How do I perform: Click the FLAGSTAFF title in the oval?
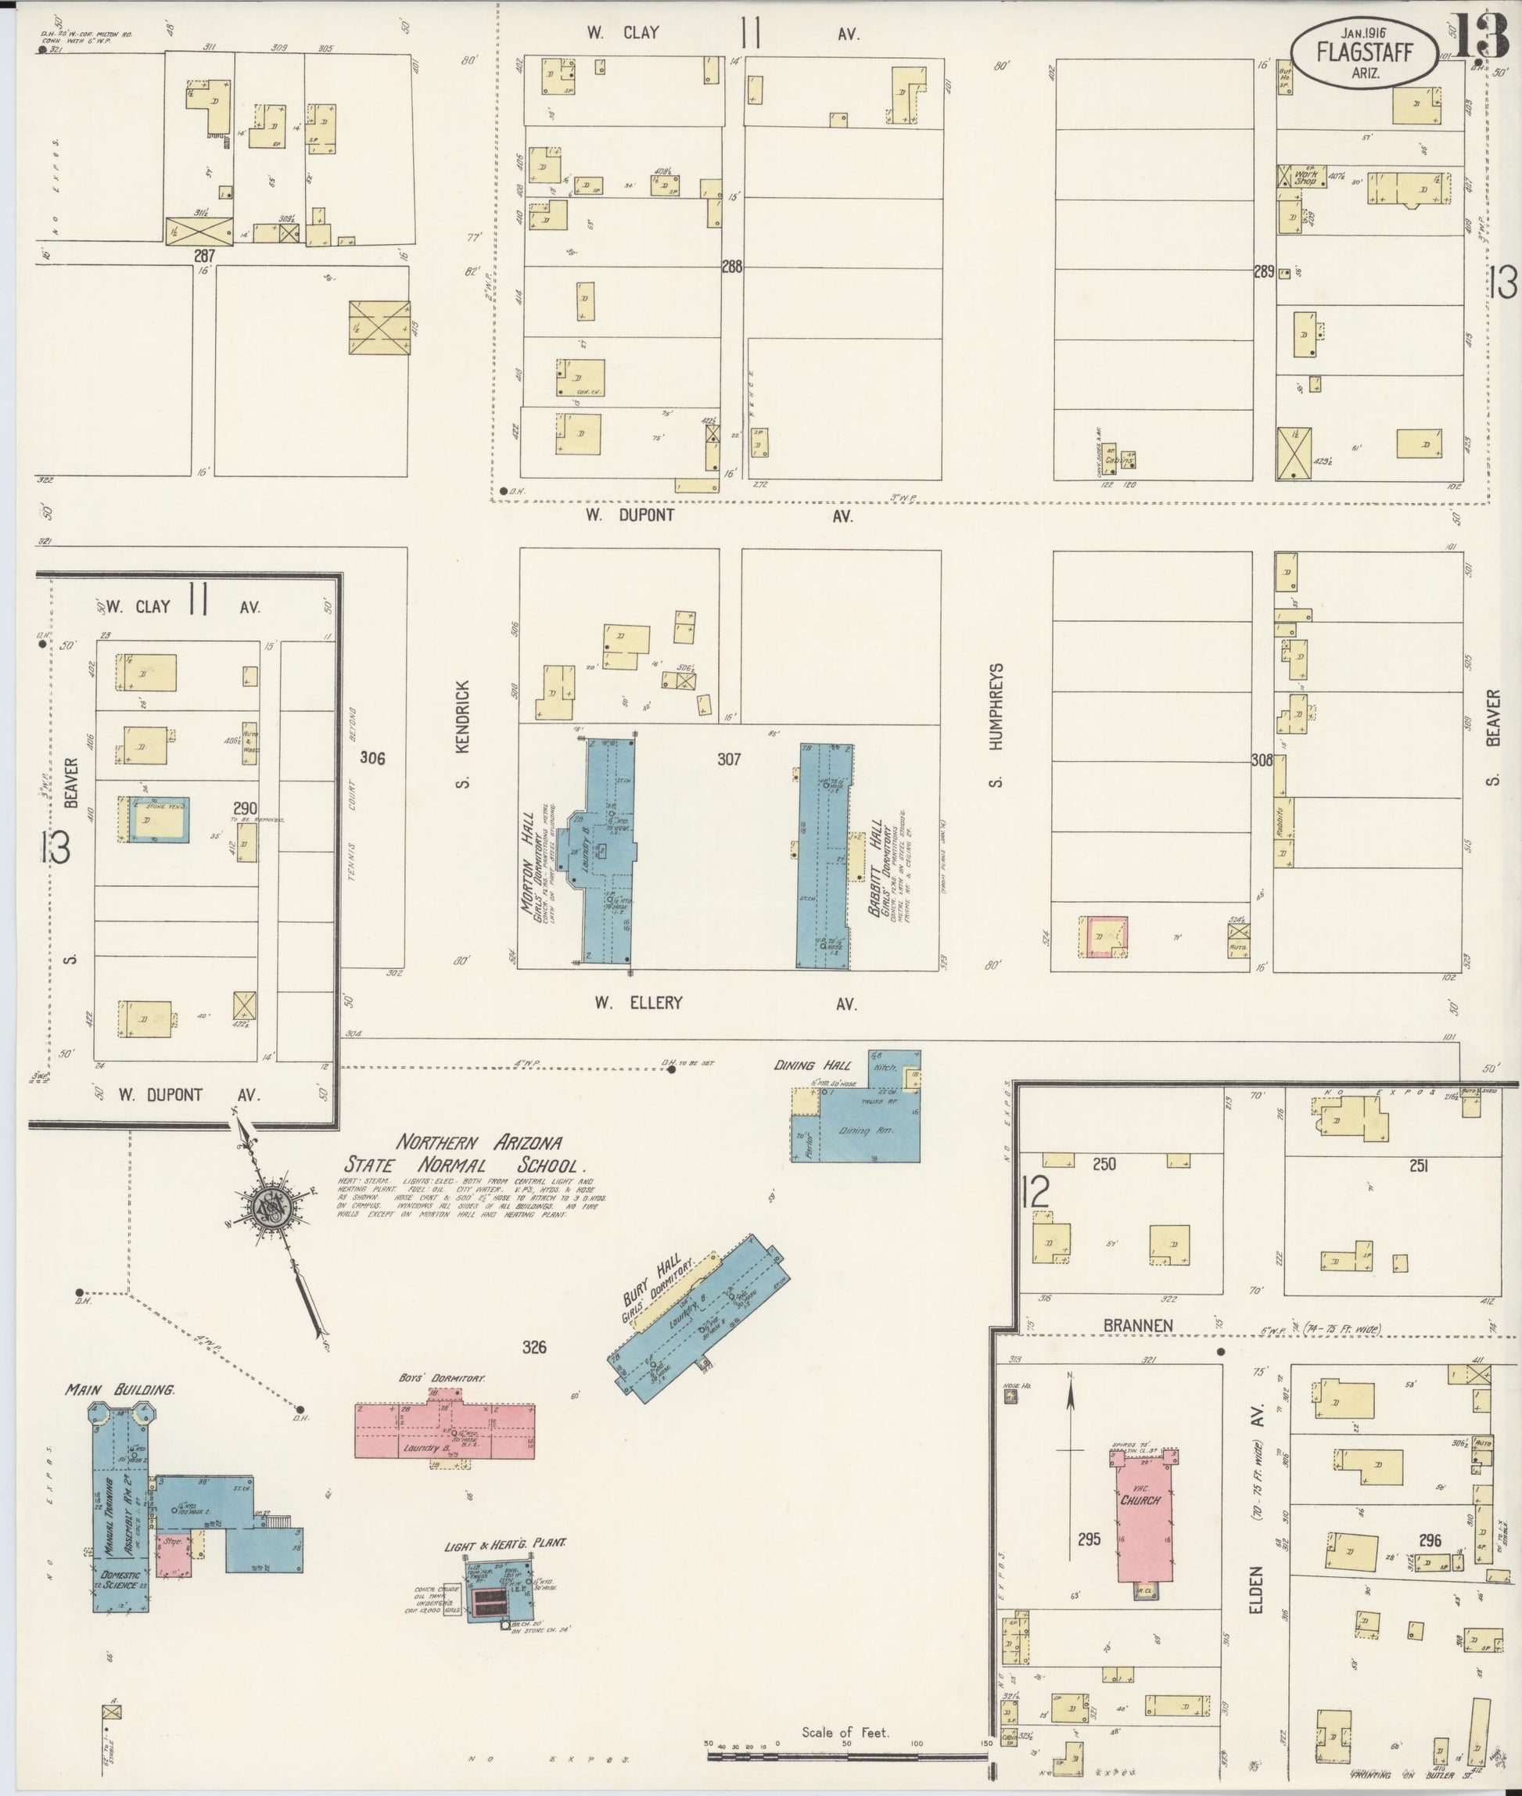(1364, 52)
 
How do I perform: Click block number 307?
(728, 760)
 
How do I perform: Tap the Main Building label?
(120, 1390)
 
